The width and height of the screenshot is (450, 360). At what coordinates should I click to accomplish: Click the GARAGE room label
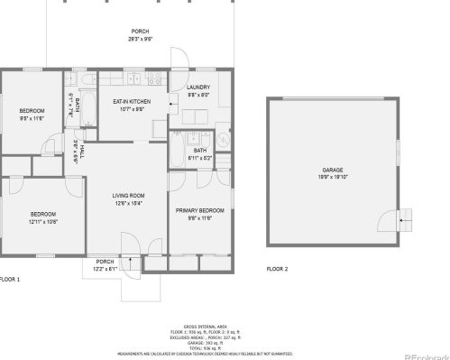click(333, 170)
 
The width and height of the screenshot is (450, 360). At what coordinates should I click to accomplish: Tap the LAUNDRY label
click(197, 87)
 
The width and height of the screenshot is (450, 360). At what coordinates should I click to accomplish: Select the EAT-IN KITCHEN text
click(133, 101)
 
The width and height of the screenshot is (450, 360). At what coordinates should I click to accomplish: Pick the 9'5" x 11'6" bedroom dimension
click(32, 118)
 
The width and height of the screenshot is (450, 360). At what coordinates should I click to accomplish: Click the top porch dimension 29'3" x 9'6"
click(140, 40)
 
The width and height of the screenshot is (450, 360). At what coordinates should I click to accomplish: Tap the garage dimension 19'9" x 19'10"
click(333, 178)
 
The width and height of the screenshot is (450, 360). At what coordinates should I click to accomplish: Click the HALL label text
click(83, 152)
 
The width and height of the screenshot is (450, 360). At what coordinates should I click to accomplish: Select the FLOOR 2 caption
click(278, 268)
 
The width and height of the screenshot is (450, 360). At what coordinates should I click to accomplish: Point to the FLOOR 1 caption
click(10, 280)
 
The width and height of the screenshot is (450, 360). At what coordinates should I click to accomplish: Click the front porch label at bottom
click(105, 263)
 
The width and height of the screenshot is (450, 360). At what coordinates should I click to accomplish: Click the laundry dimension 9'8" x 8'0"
click(198, 95)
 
